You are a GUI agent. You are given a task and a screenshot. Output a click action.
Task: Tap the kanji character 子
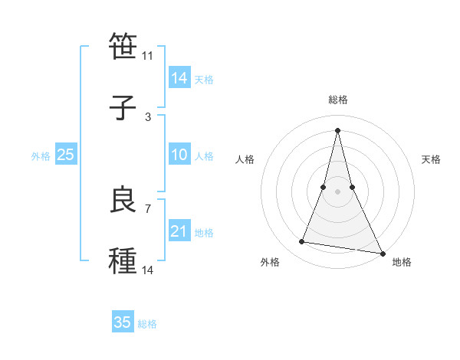click(123, 107)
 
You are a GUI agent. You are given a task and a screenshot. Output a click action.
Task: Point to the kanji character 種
click(123, 260)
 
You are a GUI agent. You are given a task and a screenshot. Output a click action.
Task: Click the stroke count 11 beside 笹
click(147, 56)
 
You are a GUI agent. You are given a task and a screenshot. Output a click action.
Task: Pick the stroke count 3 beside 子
click(148, 116)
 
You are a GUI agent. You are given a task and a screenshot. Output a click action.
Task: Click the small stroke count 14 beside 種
click(147, 270)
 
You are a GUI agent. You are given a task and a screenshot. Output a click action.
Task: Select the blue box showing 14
click(179, 78)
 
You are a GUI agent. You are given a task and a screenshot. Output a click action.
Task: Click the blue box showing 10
click(179, 155)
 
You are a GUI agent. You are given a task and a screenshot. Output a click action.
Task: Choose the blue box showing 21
click(179, 231)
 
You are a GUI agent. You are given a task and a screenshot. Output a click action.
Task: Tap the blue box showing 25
click(65, 155)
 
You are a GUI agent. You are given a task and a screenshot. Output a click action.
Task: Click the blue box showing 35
click(122, 322)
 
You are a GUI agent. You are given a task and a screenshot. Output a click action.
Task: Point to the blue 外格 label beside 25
click(41, 156)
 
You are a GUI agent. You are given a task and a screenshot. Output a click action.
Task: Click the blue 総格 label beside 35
click(147, 324)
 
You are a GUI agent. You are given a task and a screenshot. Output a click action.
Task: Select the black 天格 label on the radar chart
click(431, 159)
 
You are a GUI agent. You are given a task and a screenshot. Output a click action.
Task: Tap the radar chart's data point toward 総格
click(337, 130)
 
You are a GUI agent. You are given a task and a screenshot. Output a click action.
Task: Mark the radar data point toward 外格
click(301, 242)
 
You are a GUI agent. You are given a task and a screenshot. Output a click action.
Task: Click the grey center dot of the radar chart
click(337, 191)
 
